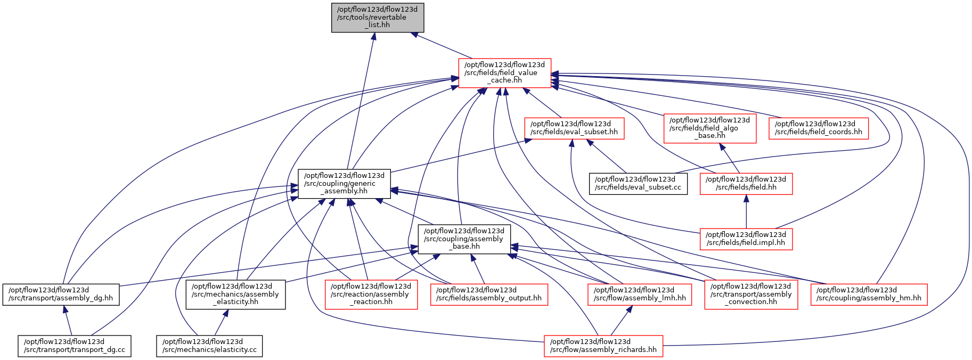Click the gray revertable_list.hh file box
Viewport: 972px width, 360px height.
[x=378, y=18]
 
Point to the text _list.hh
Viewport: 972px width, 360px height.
[x=381, y=25]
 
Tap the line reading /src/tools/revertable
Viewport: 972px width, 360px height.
[x=372, y=17]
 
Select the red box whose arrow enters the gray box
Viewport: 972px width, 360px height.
[x=504, y=73]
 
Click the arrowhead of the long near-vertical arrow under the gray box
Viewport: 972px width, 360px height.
[x=374, y=36]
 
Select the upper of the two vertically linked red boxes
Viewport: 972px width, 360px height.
[x=746, y=184]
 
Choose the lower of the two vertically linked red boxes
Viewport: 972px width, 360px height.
[x=746, y=239]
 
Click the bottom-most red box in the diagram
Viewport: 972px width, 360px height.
[x=603, y=346]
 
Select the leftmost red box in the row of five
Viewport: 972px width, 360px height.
[x=371, y=294]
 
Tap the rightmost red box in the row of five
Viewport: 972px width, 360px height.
[x=869, y=294]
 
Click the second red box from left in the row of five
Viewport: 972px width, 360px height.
[x=489, y=294]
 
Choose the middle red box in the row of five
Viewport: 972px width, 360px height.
[x=640, y=294]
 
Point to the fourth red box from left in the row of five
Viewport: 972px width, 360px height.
[x=751, y=294]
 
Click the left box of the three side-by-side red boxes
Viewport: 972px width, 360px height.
[x=574, y=128]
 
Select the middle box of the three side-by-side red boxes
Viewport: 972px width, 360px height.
[x=710, y=128]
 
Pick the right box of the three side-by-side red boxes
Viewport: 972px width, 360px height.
[x=819, y=128]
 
